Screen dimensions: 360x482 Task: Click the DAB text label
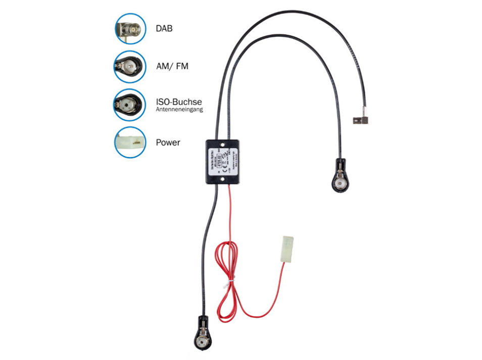[164, 28]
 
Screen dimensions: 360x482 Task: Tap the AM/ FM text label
[172, 66]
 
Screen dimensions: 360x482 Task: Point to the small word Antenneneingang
[179, 109]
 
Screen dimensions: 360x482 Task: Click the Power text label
[168, 143]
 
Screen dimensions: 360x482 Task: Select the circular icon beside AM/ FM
[130, 66]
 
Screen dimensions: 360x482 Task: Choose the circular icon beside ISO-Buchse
[130, 105]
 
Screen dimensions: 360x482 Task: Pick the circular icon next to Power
[130, 143]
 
